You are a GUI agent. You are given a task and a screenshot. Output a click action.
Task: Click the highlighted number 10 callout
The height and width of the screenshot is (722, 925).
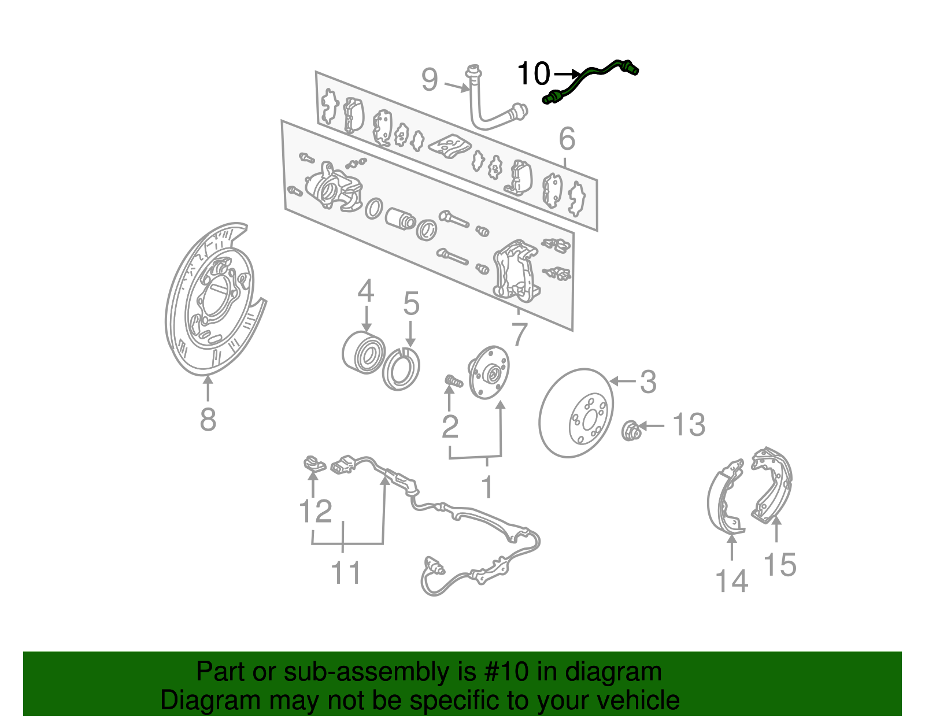pyautogui.click(x=533, y=74)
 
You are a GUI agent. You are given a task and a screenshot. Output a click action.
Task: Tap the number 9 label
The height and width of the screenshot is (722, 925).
pyautogui.click(x=430, y=80)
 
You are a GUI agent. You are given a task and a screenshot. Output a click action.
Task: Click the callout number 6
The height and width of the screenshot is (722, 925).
pyautogui.click(x=567, y=139)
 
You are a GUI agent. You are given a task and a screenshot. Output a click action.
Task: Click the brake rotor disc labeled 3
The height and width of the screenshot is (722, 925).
pyautogui.click(x=576, y=413)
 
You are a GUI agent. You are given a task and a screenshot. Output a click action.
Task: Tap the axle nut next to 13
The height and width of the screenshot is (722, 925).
pyautogui.click(x=630, y=430)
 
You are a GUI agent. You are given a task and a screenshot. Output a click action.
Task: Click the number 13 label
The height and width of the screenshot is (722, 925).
pyautogui.click(x=689, y=425)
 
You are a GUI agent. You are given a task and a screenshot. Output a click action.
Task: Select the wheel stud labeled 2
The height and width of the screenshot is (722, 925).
pyautogui.click(x=453, y=382)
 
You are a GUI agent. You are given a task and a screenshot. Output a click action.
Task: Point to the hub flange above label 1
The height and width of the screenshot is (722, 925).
pyautogui.click(x=489, y=372)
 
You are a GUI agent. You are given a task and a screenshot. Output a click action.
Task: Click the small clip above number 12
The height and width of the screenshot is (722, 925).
pyautogui.click(x=313, y=463)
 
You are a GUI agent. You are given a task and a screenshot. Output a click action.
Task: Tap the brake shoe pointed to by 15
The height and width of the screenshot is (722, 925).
pyautogui.click(x=772, y=483)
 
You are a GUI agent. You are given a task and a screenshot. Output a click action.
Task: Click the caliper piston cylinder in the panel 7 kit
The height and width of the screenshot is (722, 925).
pyautogui.click(x=399, y=219)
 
